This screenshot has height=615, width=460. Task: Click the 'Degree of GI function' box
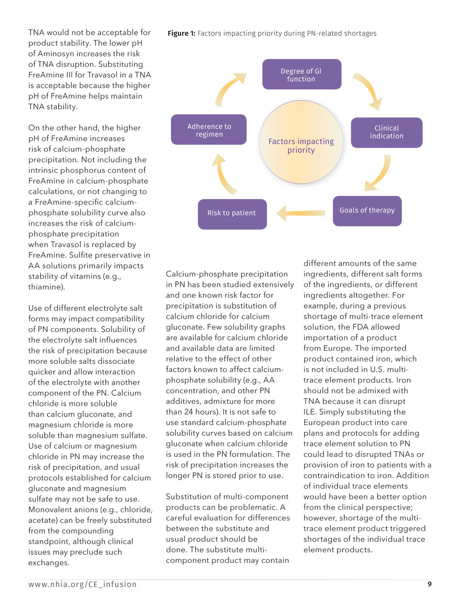pos(301,75)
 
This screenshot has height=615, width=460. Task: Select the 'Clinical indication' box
pos(386,132)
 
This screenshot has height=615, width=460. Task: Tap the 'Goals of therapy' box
pos(367,211)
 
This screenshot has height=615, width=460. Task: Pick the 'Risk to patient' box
pos(232,214)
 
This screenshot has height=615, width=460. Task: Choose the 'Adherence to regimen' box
pos(209,130)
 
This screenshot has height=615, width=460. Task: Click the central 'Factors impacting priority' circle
pos(301,142)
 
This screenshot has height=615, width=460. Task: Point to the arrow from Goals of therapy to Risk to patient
pos(301,213)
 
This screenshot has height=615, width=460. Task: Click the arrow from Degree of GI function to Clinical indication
pos(368,90)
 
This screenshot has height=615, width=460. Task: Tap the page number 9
pos(429,584)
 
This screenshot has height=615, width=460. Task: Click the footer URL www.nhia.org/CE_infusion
pos(82,584)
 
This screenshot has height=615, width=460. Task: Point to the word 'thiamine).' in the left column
pos(46,287)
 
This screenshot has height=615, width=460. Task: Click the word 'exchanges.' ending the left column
pos(49,563)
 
